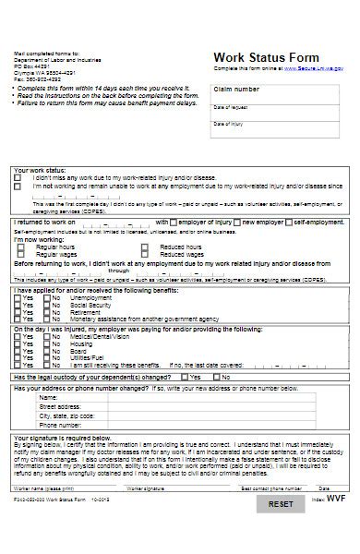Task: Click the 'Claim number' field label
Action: (236, 90)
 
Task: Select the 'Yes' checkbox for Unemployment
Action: (18, 298)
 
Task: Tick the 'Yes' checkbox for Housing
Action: (18, 343)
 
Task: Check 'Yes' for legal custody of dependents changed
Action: (185, 378)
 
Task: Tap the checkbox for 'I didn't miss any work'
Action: (18, 178)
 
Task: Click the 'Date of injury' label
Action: (228, 123)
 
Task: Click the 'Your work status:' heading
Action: (40, 171)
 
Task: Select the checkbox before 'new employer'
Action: (235, 223)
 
